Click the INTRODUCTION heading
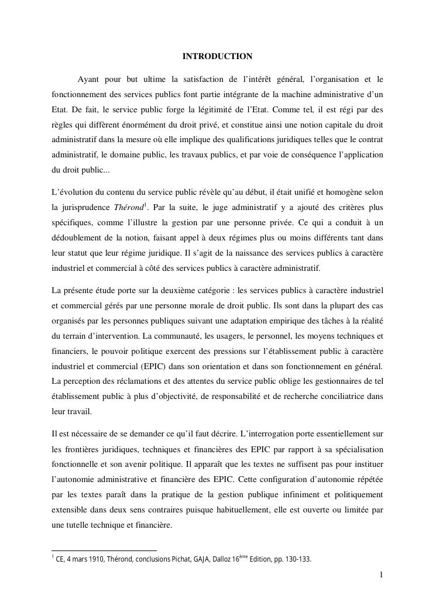click(x=217, y=57)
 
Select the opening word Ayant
click(x=89, y=78)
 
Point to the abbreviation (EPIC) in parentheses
click(x=143, y=366)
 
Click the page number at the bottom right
click(x=381, y=575)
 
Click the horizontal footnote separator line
click(x=104, y=550)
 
